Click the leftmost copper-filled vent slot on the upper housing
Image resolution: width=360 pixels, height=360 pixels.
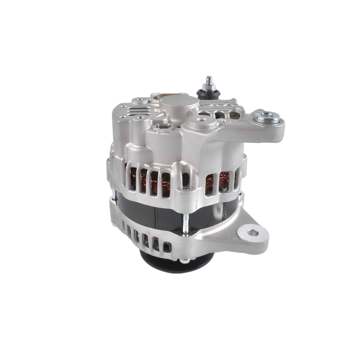click(x=133, y=178)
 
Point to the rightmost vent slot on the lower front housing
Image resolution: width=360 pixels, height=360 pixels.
click(x=166, y=245)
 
